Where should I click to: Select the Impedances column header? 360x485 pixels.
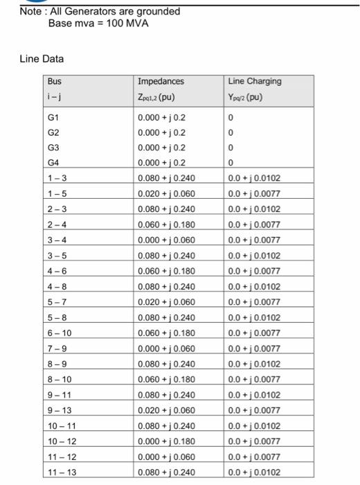(161, 82)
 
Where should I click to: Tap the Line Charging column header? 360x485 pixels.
(254, 82)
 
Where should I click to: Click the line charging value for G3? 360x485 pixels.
(230, 148)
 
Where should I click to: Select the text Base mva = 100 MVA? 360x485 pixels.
(98, 24)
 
